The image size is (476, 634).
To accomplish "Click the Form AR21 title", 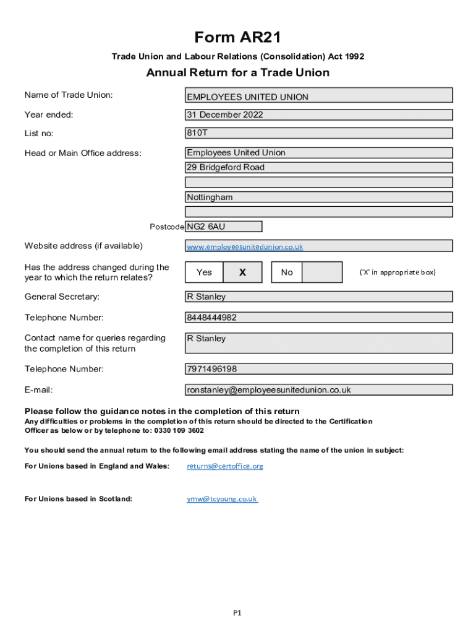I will click(x=237, y=38).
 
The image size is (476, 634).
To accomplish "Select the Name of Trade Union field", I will click(x=319, y=95).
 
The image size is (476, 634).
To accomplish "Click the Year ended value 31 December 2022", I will click(x=319, y=115).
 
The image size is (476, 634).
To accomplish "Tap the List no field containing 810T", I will click(x=319, y=133).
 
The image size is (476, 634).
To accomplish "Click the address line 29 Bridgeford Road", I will click(x=319, y=167).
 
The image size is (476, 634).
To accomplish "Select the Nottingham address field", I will click(x=319, y=197).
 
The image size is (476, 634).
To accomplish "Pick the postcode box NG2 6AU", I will click(x=223, y=227).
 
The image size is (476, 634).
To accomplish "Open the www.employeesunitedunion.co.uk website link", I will click(x=245, y=246).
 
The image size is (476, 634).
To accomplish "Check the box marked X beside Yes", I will click(x=242, y=272).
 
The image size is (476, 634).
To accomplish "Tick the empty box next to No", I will click(x=322, y=272).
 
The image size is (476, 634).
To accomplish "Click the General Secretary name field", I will click(x=319, y=297).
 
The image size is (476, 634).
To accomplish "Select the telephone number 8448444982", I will click(x=319, y=318).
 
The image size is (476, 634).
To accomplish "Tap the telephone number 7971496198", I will click(x=319, y=369).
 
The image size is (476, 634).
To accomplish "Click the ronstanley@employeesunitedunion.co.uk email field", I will click(x=319, y=390).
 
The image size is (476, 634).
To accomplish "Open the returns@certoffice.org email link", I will click(x=225, y=466).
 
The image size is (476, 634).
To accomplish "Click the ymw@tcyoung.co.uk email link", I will click(x=222, y=499).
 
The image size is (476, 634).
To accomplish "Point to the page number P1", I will click(x=237, y=613).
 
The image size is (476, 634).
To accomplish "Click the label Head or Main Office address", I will click(x=83, y=154).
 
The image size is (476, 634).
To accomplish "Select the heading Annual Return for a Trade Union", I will click(x=237, y=73).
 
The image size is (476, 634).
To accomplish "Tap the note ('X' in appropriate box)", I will click(x=397, y=272).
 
